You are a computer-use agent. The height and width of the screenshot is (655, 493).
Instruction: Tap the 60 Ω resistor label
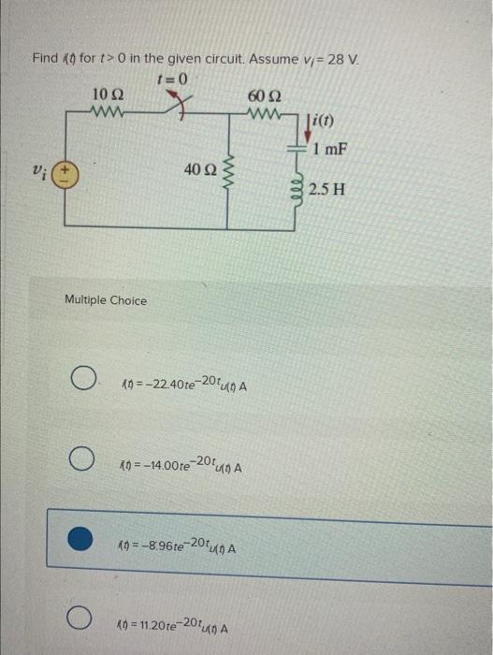click(x=261, y=95)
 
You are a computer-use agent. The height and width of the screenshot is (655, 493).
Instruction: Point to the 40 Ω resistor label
click(x=200, y=168)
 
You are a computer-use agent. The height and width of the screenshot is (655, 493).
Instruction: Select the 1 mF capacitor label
click(x=331, y=149)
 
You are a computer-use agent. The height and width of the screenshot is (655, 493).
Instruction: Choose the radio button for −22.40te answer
click(x=83, y=381)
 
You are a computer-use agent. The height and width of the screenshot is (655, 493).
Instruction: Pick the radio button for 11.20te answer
click(x=83, y=619)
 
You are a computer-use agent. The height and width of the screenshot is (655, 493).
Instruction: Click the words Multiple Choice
click(x=106, y=300)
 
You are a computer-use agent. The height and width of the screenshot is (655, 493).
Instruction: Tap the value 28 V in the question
click(x=342, y=59)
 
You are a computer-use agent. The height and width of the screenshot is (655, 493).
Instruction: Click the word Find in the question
click(x=45, y=59)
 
